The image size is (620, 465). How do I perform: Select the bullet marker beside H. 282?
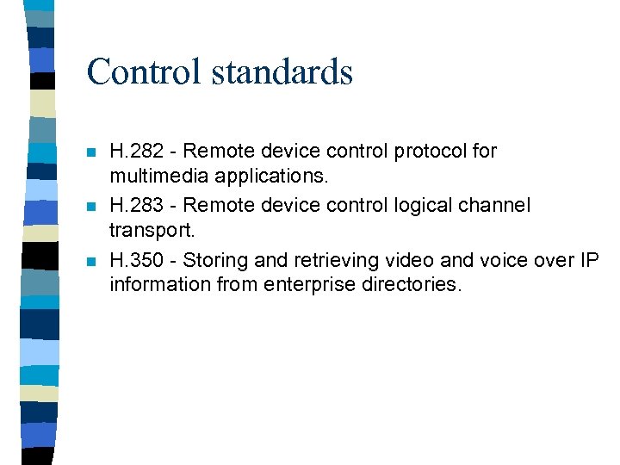pos(92,153)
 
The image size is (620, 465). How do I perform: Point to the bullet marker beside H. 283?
pos(92,208)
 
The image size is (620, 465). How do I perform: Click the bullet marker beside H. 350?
pos(92,261)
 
